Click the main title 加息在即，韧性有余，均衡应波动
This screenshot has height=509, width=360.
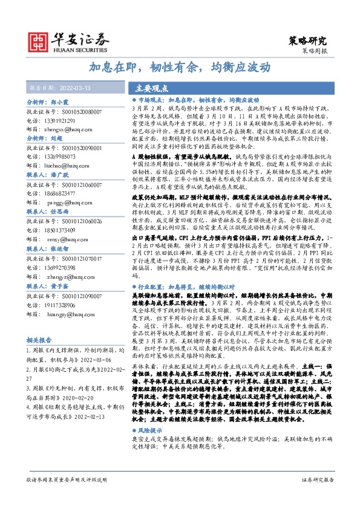(180, 67)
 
